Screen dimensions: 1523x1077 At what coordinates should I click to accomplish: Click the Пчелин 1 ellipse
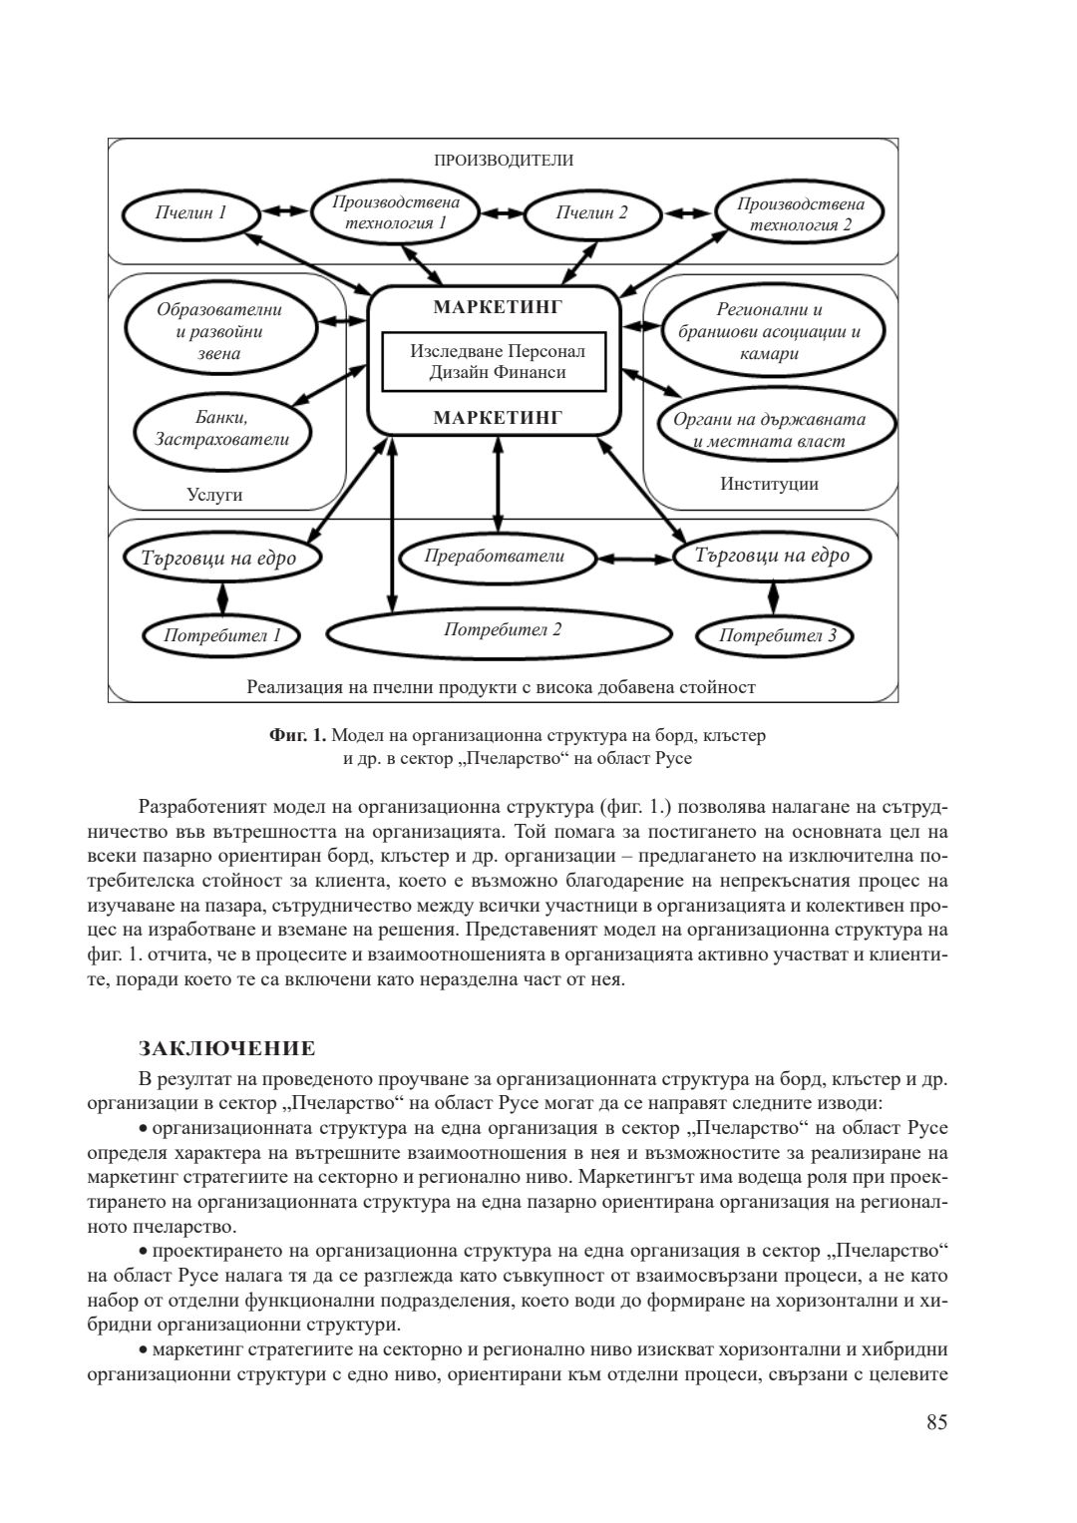pos(190,213)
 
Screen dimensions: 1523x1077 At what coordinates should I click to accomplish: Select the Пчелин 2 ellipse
pos(592,213)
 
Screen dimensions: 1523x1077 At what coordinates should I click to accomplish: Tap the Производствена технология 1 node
pos(395,212)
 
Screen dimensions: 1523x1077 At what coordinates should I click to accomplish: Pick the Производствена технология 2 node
pos(801,213)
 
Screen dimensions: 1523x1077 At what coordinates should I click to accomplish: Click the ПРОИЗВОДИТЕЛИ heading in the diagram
pos(503,160)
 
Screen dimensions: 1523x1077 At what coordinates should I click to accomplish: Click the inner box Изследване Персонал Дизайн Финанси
pos(497,362)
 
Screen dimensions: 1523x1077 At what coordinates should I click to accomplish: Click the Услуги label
pos(214,495)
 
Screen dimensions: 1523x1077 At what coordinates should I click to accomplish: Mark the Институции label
pos(769,485)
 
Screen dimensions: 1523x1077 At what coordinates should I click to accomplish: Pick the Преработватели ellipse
pos(496,557)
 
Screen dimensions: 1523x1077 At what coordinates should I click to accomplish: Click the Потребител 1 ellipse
pos(221,634)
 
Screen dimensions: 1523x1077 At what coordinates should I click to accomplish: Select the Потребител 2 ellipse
pos(502,630)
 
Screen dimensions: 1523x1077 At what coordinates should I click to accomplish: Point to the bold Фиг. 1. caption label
pos(297,736)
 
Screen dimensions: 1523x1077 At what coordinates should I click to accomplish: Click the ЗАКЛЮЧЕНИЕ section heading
pos(227,1048)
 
